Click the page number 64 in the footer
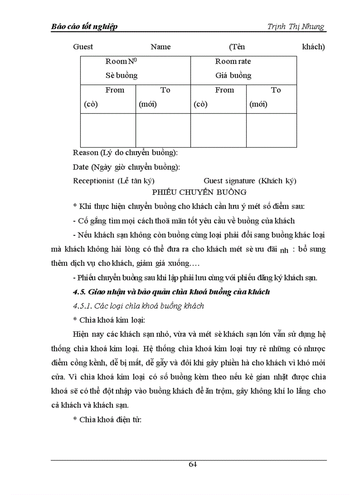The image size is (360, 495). coord(193,464)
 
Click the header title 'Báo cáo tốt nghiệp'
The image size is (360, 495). coord(84,27)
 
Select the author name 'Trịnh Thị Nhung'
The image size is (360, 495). coord(296,27)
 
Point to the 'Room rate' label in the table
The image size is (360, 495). coord(233,62)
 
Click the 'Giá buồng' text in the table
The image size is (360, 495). coord(233,75)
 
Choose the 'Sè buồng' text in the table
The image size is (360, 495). coord(121,75)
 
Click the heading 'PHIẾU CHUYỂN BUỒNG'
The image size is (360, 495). coord(199,192)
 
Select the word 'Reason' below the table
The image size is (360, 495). coord(86,153)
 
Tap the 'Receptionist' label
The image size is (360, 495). coord(94,181)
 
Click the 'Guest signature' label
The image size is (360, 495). coord(229,181)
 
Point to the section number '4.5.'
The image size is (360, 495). coord(79,292)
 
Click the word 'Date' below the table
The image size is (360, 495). coord(81,167)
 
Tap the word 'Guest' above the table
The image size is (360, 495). coord(83,47)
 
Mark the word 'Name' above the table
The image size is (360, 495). coord(161,47)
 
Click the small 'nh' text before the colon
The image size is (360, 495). coord(284,251)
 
